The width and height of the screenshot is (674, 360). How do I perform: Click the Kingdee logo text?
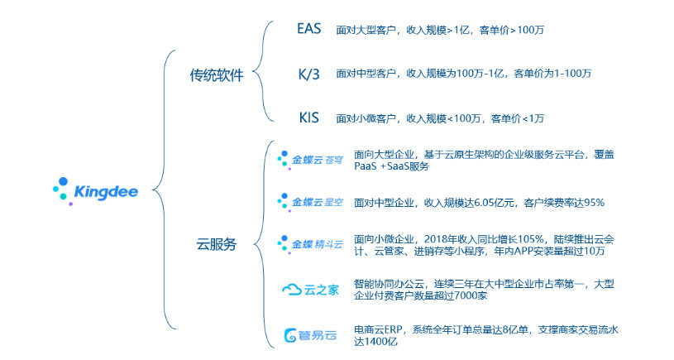click(x=106, y=192)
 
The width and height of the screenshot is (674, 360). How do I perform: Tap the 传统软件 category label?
click(x=217, y=75)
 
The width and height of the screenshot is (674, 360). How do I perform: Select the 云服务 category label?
click(x=217, y=244)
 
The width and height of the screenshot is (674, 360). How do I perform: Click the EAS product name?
click(x=309, y=29)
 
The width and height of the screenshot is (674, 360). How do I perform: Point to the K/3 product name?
click(x=309, y=74)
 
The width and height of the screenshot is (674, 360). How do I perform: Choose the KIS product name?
click(x=309, y=118)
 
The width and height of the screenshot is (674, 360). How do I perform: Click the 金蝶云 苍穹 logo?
click(x=310, y=160)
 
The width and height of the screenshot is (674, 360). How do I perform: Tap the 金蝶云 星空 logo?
click(x=310, y=202)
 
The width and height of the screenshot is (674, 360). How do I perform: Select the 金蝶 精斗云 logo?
click(x=310, y=244)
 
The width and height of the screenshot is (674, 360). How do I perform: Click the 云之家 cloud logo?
click(x=310, y=290)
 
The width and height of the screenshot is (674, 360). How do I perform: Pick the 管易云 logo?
click(x=310, y=335)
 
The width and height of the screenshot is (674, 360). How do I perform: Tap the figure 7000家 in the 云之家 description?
click(x=471, y=295)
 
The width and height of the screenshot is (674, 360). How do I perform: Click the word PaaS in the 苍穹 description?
click(x=365, y=166)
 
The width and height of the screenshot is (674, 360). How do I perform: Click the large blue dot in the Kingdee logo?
click(x=63, y=181)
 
